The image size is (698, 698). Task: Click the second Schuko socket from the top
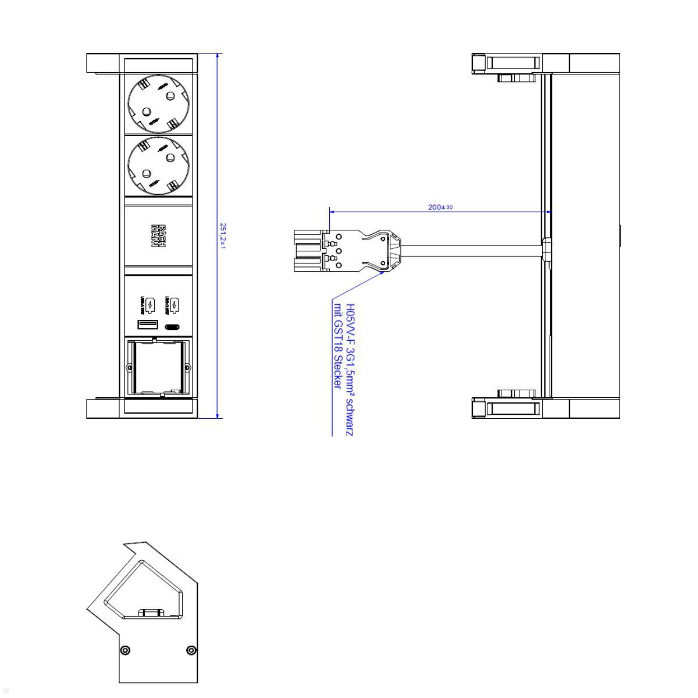[x=159, y=166]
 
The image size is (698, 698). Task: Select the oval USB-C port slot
[x=173, y=326]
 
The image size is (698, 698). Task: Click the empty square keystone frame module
[x=159, y=367]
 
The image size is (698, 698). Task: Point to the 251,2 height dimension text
[x=223, y=236]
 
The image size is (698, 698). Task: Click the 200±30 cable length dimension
[x=440, y=207]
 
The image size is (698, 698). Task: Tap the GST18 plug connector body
[x=343, y=251]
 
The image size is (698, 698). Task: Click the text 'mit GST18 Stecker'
[x=337, y=346]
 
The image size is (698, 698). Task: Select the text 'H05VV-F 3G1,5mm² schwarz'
[x=350, y=369]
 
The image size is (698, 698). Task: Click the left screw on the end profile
[x=124, y=650]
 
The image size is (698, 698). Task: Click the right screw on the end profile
[x=191, y=650]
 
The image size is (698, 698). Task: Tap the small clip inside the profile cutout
[x=151, y=611]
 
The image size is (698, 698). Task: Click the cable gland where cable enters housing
[x=546, y=248]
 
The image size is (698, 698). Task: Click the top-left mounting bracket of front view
[x=103, y=63]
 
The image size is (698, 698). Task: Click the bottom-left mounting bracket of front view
[x=103, y=408]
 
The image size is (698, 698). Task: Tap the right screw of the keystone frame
[x=187, y=367]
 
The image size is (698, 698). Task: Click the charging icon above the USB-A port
[x=149, y=304]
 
